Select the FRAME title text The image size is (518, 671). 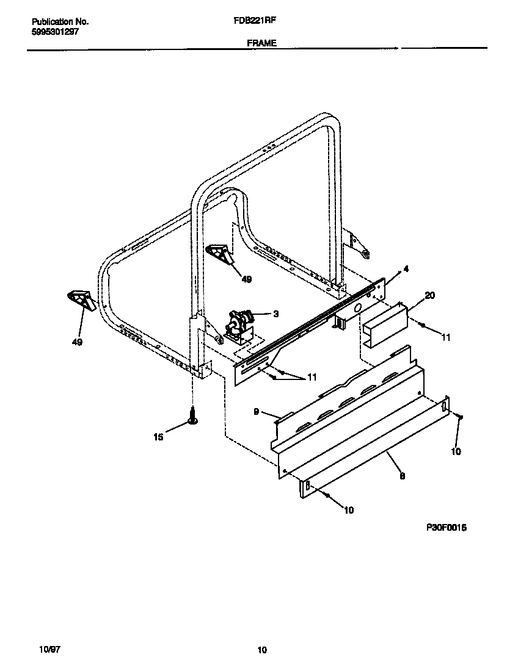261,43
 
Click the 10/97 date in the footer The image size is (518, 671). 38,651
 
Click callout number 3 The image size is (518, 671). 276,314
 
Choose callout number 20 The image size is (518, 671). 429,295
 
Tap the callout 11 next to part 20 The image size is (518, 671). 446,337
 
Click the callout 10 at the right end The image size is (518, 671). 456,451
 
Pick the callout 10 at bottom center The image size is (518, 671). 348,510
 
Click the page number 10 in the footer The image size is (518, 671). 261,651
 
